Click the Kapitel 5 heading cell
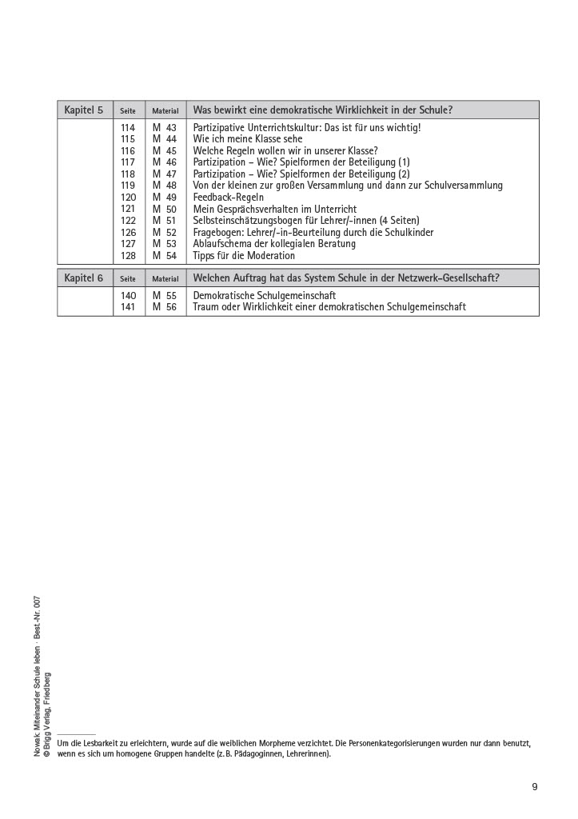click(x=84, y=110)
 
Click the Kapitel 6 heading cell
click(x=84, y=278)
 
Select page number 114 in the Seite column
click(x=128, y=128)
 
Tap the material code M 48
click(x=165, y=186)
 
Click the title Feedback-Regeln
click(x=229, y=198)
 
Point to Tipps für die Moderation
click(x=244, y=256)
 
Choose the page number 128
click(x=128, y=256)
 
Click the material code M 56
click(x=165, y=307)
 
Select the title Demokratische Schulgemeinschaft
click(x=265, y=296)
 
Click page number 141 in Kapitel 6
click(x=128, y=307)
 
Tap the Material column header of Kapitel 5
click(x=165, y=111)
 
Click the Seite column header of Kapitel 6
click(x=128, y=279)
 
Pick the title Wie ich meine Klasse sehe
click(x=248, y=139)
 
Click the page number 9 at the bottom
click(x=535, y=787)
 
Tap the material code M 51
click(x=165, y=221)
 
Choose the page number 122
click(x=128, y=221)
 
